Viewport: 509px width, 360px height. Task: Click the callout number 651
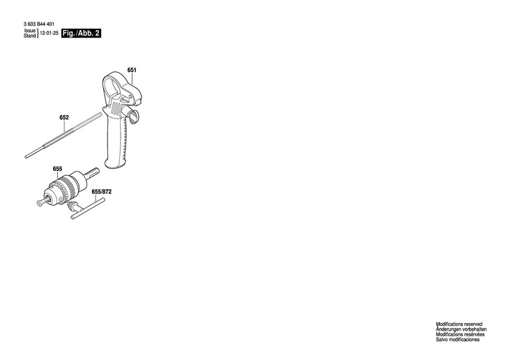132,70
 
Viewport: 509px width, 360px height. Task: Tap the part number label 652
64,117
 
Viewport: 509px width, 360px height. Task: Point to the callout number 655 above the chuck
57,169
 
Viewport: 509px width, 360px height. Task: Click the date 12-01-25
48,33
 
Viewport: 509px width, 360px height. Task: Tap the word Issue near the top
30,31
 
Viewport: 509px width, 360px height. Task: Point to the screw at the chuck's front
38,203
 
